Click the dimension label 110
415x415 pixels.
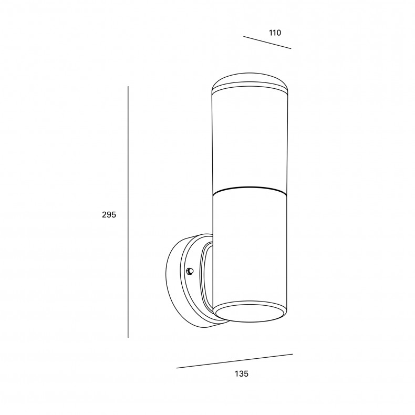pos(275,33)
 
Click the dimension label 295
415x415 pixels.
pos(109,215)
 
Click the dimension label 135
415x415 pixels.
pos(242,373)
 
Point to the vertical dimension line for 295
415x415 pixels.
pos(128,212)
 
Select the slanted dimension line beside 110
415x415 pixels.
pos(267,43)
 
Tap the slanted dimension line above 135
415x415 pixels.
pos(234,361)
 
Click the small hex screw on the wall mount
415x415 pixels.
pos(190,271)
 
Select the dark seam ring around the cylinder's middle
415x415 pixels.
pos(250,190)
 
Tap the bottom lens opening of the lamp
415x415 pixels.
pos(250,313)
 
